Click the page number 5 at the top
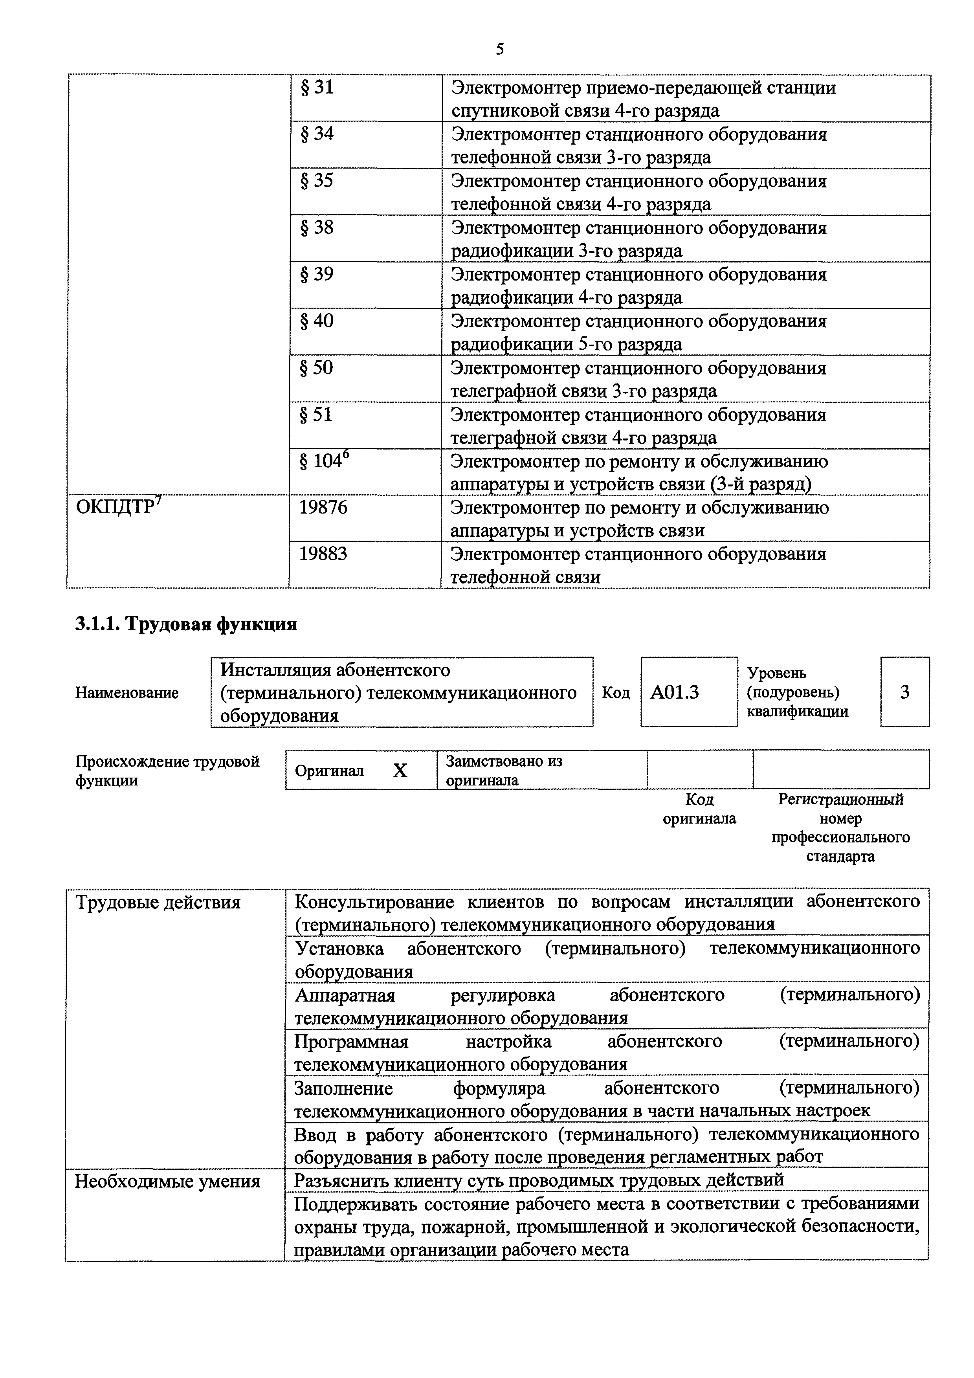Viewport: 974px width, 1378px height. [x=500, y=49]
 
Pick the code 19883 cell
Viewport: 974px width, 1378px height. [x=323, y=554]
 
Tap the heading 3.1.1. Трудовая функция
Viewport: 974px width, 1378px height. [x=186, y=625]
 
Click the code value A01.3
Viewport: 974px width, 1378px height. [x=675, y=693]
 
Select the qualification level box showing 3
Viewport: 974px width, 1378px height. [x=904, y=693]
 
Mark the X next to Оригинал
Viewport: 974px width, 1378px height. [x=400, y=771]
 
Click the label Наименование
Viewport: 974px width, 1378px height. [x=127, y=693]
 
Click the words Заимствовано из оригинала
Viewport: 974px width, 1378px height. [x=504, y=771]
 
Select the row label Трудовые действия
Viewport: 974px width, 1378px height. [x=158, y=903]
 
